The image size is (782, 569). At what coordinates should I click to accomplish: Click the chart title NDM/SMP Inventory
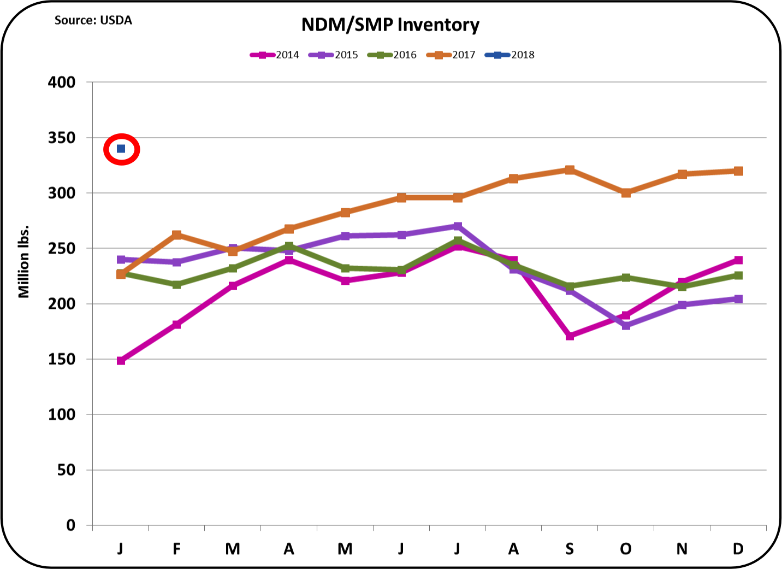pyautogui.click(x=390, y=25)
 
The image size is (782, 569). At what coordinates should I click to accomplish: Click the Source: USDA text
pyautogui.click(x=93, y=21)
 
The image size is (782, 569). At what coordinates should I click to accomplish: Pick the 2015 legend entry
pyautogui.click(x=334, y=55)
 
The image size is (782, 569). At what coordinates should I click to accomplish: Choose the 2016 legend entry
pyautogui.click(x=393, y=55)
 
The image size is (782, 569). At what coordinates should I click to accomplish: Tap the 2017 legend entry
pyautogui.click(x=452, y=55)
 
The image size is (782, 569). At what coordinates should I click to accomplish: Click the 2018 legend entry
pyautogui.click(x=510, y=55)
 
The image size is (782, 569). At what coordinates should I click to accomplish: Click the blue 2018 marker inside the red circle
pyautogui.click(x=121, y=149)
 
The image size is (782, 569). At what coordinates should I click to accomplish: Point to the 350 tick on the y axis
pyautogui.click(x=62, y=138)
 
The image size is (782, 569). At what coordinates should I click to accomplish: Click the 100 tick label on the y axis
pyautogui.click(x=62, y=414)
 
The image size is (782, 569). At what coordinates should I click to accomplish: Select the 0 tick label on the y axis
pyautogui.click(x=70, y=525)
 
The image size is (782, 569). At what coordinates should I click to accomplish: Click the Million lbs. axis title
pyautogui.click(x=23, y=262)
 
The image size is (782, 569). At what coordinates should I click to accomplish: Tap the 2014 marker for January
pyautogui.click(x=121, y=361)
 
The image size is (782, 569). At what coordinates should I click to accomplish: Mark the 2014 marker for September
pyautogui.click(x=570, y=336)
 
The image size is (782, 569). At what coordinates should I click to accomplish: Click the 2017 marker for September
pyautogui.click(x=570, y=170)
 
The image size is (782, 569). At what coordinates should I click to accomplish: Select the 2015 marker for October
pyautogui.click(x=626, y=326)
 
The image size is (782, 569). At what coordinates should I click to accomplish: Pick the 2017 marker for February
pyautogui.click(x=177, y=235)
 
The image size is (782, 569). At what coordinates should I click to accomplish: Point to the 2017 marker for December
pyautogui.click(x=738, y=171)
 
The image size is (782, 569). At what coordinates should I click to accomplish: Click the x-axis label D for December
pyautogui.click(x=738, y=549)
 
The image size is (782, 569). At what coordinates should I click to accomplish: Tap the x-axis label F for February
pyautogui.click(x=177, y=549)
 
